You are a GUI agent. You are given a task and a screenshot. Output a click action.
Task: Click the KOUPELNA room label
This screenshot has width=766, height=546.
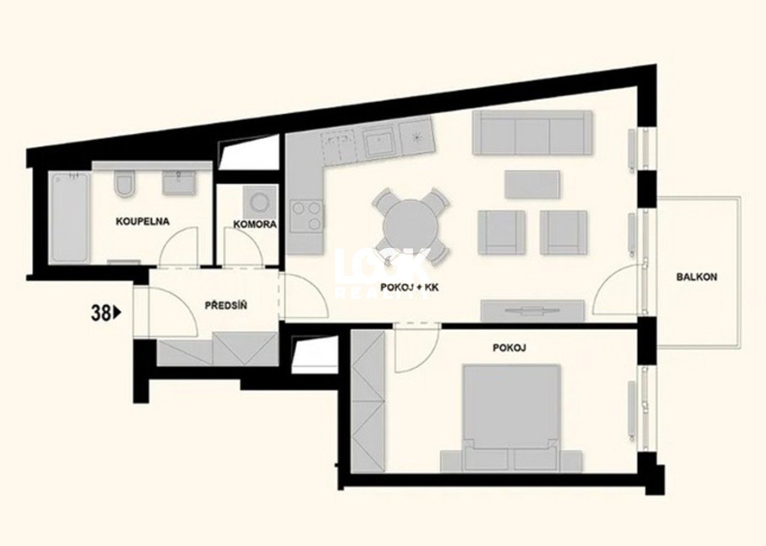[x=142, y=222]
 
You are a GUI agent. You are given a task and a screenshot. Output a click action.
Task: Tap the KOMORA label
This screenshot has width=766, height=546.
[x=255, y=225]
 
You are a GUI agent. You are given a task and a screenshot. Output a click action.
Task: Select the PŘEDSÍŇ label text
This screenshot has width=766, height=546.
[x=226, y=305]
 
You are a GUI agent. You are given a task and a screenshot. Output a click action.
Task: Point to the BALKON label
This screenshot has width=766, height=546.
[x=697, y=277]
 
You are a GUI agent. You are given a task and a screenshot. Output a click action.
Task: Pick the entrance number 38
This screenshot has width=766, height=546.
[x=101, y=313]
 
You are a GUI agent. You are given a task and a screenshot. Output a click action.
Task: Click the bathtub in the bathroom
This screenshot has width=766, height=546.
[x=69, y=218]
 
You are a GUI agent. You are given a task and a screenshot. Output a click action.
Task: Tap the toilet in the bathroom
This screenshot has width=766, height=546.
[x=123, y=184]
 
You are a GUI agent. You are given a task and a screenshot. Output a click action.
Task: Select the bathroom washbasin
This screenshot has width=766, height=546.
[x=178, y=183]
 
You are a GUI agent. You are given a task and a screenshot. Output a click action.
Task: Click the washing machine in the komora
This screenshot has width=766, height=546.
[x=259, y=202]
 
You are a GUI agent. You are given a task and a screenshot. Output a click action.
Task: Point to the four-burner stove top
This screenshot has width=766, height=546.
[x=306, y=216]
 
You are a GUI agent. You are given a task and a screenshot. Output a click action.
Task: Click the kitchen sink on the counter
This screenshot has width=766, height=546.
[x=378, y=141]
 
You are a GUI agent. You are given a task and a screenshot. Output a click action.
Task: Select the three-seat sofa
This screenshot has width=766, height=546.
[x=532, y=132]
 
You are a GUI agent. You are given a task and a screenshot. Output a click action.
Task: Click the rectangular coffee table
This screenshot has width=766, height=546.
[x=532, y=184]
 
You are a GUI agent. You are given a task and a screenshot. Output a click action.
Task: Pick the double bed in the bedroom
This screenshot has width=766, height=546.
[x=511, y=418]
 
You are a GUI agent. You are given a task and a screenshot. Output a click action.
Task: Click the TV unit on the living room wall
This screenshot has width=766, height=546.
[x=533, y=311]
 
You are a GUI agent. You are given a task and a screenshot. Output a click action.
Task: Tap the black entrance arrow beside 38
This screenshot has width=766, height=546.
[x=117, y=313]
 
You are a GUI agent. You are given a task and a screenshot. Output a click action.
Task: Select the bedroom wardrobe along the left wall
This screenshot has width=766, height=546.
[x=368, y=401]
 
